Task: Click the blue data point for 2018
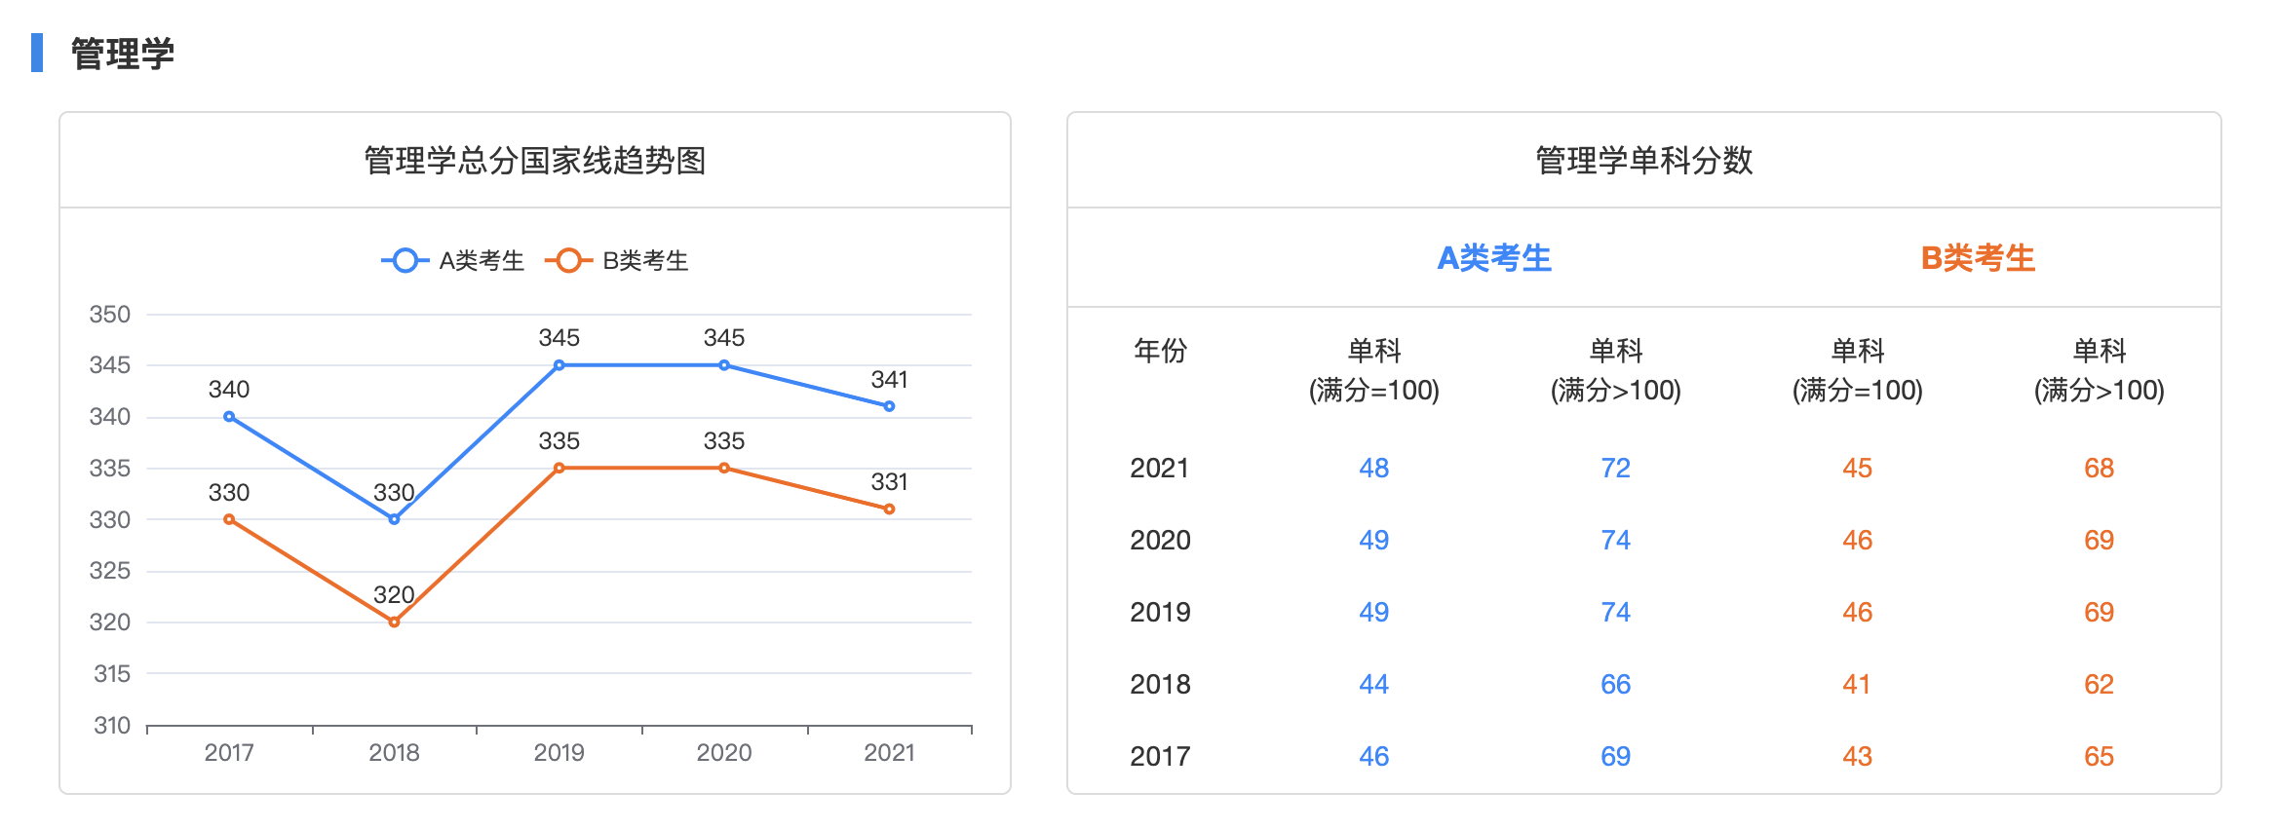[394, 519]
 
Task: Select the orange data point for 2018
[394, 622]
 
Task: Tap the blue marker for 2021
[889, 406]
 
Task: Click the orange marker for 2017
[229, 519]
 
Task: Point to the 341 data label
[889, 380]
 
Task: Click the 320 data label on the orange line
[394, 595]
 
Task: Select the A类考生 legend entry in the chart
[453, 260]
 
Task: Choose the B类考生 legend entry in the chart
[617, 260]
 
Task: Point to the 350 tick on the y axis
[110, 315]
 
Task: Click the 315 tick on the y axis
[111, 673]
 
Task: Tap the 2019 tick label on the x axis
[559, 752]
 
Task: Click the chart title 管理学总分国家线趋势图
[534, 161]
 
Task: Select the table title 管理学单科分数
[1643, 161]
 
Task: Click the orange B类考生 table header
[1978, 258]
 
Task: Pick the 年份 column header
[1160, 351]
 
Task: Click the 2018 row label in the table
[1160, 684]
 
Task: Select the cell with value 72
[1615, 468]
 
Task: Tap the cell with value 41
[1857, 684]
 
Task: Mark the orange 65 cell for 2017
[2099, 756]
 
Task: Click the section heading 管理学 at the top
[123, 54]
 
